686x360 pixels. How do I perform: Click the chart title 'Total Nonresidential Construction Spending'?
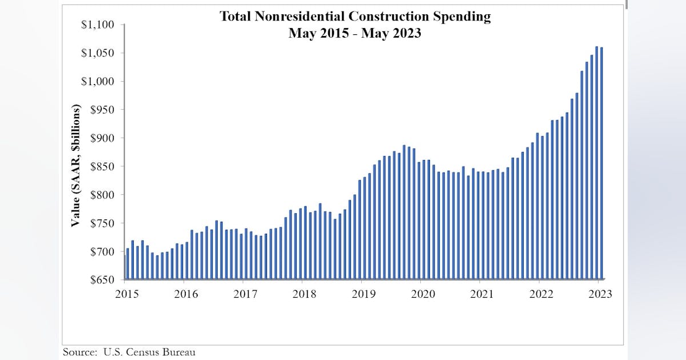click(354, 17)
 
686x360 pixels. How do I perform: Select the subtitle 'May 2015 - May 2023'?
click(354, 33)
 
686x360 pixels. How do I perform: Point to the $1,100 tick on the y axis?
click(98, 25)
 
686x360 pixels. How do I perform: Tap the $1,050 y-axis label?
click(98, 53)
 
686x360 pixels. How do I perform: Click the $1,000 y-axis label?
click(98, 81)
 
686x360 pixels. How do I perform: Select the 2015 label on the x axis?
click(126, 294)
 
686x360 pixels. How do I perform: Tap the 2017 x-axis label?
click(245, 294)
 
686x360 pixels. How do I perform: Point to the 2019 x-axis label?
click(363, 294)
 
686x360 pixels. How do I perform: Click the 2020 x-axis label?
click(422, 294)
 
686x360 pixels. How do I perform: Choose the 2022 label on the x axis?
click(541, 294)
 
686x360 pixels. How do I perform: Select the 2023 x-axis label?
click(600, 294)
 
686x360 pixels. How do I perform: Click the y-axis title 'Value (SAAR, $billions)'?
click(75, 166)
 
